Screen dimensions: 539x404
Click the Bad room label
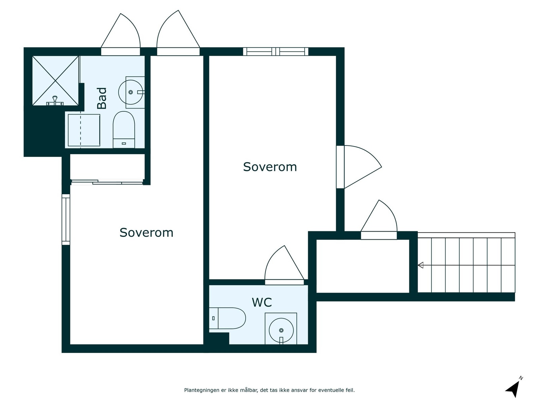102,98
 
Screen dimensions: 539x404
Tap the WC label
262,302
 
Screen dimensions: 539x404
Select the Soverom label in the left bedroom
146,233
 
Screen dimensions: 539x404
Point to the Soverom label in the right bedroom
270,167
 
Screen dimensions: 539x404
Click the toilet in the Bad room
124,130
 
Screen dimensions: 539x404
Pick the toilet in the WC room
227,318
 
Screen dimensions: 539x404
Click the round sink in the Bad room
131,92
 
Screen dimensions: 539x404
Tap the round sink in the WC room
281,330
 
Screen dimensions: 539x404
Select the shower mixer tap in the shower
55,101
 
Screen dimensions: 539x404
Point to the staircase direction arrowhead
420,265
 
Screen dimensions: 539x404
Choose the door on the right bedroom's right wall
358,167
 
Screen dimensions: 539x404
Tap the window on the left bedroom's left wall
66,220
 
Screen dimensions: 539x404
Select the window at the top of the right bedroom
276,52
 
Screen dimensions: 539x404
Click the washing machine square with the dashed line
84,130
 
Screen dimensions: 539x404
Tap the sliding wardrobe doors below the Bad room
107,182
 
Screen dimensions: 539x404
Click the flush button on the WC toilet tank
213,318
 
